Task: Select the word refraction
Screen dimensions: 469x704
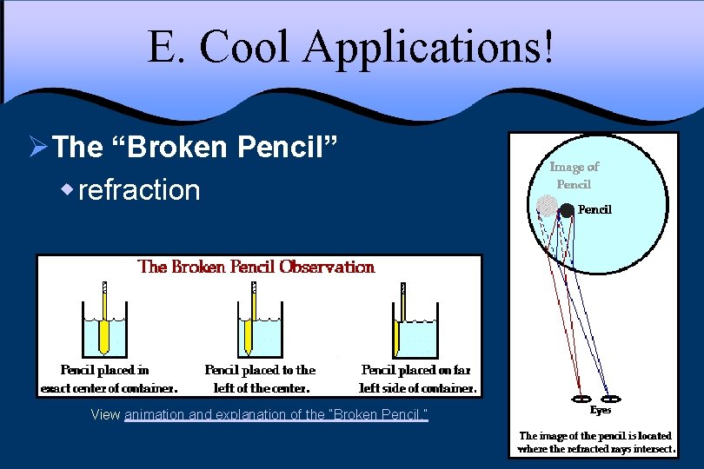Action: [x=139, y=189]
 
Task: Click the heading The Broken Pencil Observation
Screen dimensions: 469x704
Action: [x=256, y=267]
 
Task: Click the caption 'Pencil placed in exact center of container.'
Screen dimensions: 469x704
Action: [x=109, y=379]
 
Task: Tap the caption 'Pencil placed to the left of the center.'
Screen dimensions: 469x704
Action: [x=260, y=379]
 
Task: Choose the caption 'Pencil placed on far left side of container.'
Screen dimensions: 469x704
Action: [x=417, y=379]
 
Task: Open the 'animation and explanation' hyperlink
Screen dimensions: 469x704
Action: [x=276, y=415]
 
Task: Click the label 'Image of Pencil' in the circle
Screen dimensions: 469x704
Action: [x=574, y=175]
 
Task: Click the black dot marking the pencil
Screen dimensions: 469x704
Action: [x=567, y=209]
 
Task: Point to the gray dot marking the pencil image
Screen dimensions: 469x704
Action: [x=547, y=206]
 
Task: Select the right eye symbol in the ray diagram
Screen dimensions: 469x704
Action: [x=610, y=400]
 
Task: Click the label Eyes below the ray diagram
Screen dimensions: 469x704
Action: [x=600, y=410]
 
